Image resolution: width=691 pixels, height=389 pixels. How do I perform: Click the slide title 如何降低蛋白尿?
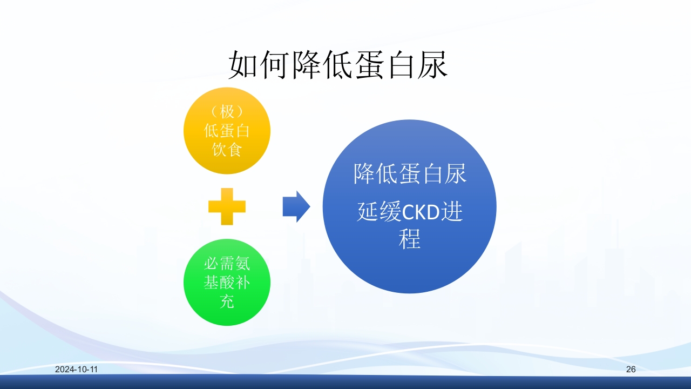[338, 66]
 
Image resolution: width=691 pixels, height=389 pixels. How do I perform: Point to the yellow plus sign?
[227, 206]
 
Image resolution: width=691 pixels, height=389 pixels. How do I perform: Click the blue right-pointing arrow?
[296, 206]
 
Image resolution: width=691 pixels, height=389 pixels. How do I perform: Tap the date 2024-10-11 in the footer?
[76, 370]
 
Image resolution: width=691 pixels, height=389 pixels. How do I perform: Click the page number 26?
[631, 370]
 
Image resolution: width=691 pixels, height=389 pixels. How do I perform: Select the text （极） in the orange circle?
[227, 112]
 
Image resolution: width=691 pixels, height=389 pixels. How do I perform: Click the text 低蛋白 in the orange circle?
[227, 131]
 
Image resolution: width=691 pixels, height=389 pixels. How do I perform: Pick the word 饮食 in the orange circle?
[227, 149]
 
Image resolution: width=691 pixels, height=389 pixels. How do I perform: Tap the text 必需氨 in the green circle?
[227, 264]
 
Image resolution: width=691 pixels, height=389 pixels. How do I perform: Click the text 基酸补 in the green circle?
[227, 283]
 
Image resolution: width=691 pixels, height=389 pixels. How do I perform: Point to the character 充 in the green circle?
[227, 301]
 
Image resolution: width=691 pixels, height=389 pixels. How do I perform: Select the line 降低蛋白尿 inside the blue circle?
[410, 174]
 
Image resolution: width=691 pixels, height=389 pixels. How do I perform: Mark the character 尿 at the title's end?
[433, 66]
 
